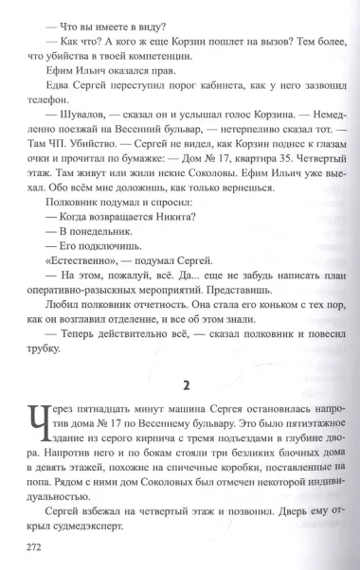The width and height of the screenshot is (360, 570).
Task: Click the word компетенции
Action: point(146,66)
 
